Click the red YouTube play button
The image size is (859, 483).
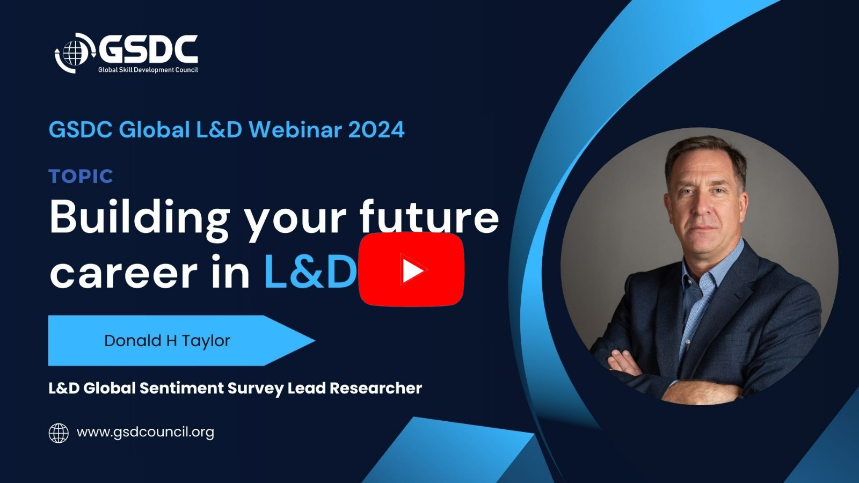click(x=411, y=269)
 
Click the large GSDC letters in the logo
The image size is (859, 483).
click(x=148, y=49)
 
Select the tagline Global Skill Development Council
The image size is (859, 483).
click(x=148, y=70)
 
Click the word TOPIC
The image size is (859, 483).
click(x=81, y=177)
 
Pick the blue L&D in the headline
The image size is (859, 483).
click(x=311, y=271)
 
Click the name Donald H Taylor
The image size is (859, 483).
click(x=167, y=341)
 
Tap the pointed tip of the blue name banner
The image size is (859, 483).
click(x=315, y=340)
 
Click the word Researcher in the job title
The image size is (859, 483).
click(x=376, y=389)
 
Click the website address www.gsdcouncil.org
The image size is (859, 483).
click(x=145, y=433)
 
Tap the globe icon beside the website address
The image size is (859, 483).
click(x=59, y=433)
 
